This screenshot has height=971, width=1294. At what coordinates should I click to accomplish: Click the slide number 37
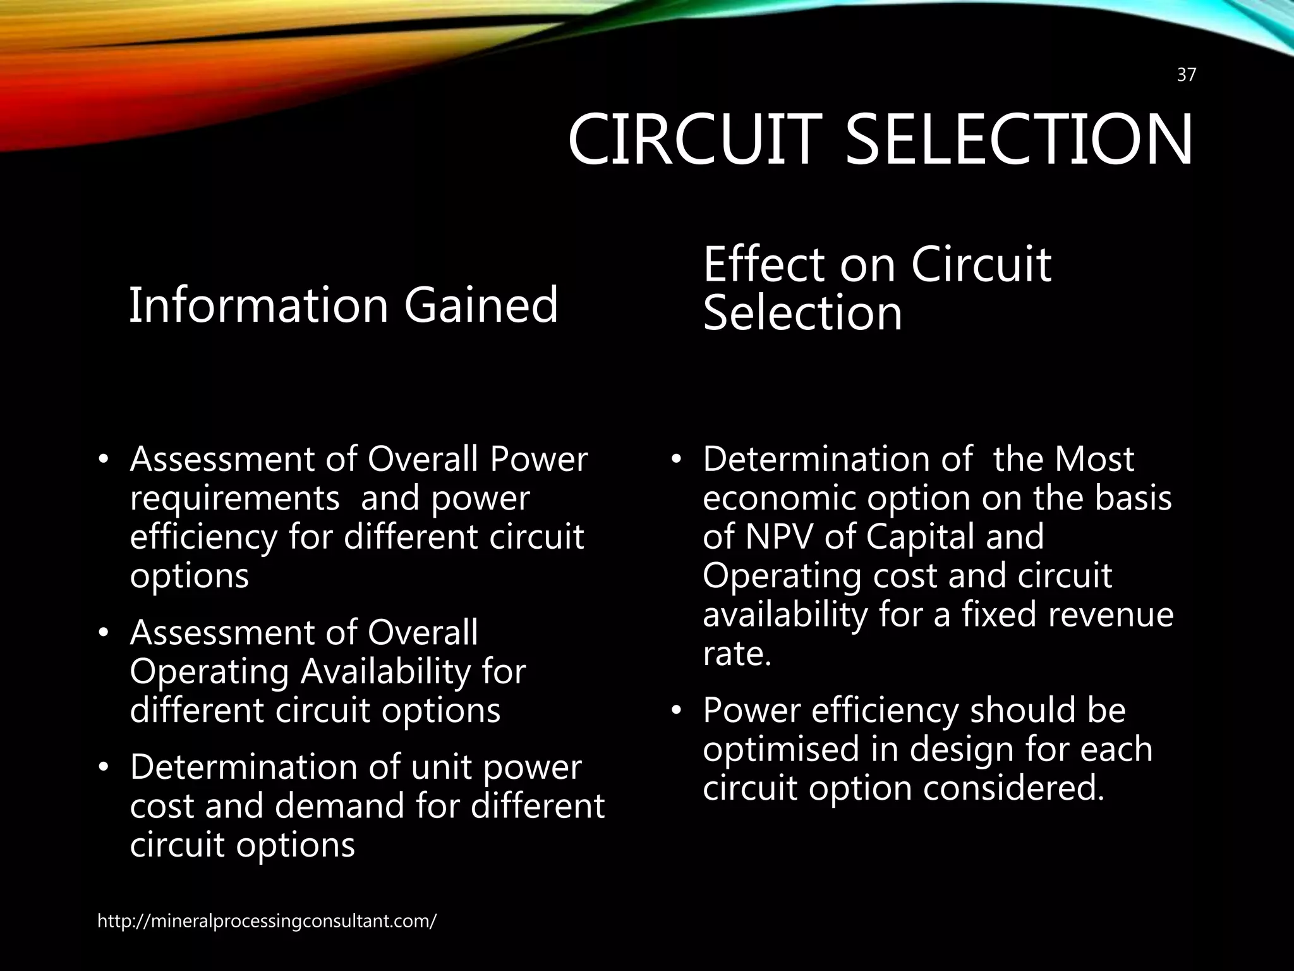[x=1186, y=75]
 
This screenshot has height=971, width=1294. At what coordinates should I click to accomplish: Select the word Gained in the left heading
[x=481, y=305]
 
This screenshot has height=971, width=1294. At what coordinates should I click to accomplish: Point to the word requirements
[x=234, y=499]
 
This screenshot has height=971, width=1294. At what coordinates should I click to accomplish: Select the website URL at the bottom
[x=267, y=921]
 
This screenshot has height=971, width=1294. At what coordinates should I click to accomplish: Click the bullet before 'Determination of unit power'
[x=104, y=769]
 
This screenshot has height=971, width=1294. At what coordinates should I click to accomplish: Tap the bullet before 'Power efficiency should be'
[x=677, y=712]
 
